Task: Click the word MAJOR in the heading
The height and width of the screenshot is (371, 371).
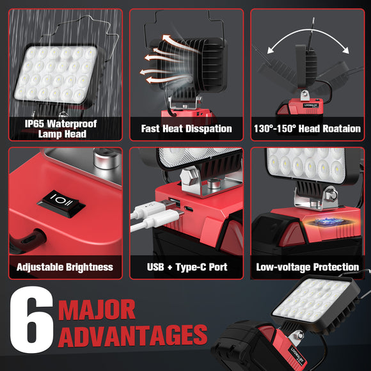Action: coord(97,310)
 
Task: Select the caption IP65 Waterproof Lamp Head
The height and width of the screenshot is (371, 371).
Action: coord(61,129)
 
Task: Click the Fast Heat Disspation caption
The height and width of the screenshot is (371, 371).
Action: coord(186,129)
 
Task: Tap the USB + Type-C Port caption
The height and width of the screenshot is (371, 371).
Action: coord(186,267)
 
